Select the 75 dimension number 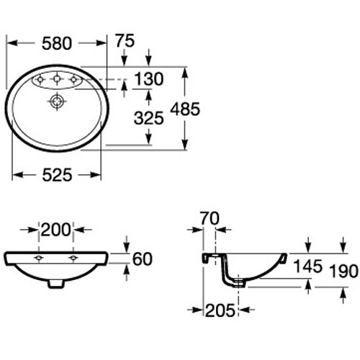coord(125,42)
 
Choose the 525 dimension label coord(56,175)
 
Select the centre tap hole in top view coord(56,78)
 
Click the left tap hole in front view coord(39,258)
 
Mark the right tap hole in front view coord(73,258)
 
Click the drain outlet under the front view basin coord(56,283)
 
